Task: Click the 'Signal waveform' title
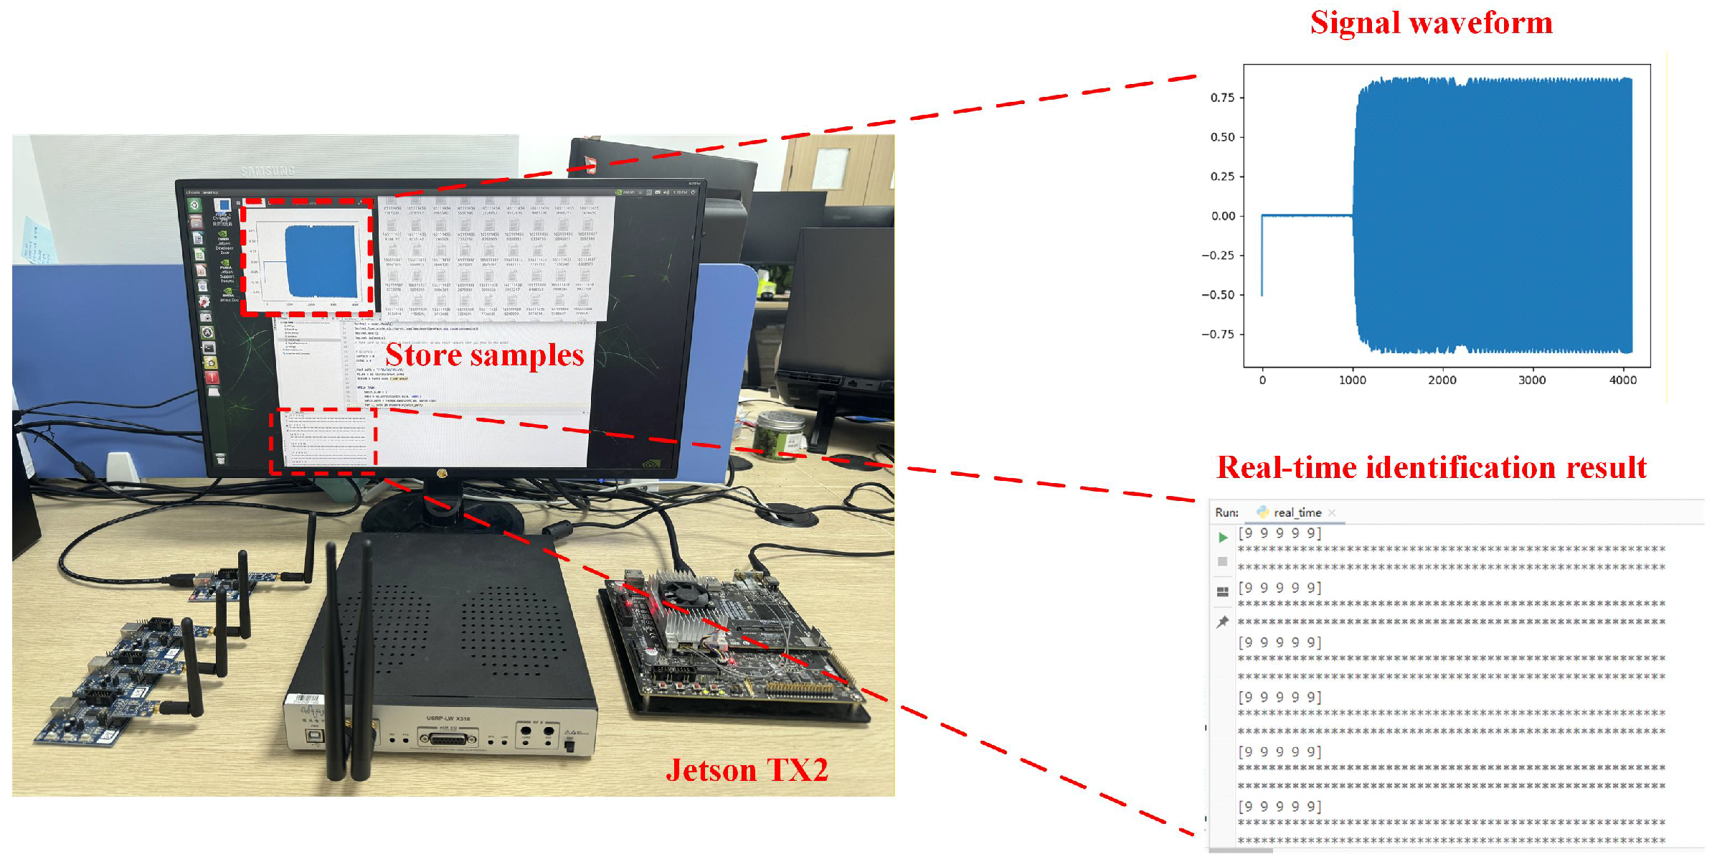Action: coord(1431,23)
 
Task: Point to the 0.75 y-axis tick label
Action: coord(1222,98)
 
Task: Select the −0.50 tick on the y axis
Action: coord(1218,295)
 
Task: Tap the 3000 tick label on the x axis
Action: coord(1532,380)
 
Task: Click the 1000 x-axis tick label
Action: coord(1352,380)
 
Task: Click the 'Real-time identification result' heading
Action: coord(1432,468)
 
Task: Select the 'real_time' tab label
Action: coord(1297,512)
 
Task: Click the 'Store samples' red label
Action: coord(485,355)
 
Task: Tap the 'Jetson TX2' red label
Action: coord(747,770)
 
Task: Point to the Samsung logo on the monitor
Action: coord(268,171)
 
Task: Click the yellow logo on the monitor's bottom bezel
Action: coord(442,473)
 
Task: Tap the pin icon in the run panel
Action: coord(1222,622)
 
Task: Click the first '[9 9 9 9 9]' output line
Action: coord(1280,533)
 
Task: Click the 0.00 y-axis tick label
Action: coord(1223,216)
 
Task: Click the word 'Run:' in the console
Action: coord(1226,512)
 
